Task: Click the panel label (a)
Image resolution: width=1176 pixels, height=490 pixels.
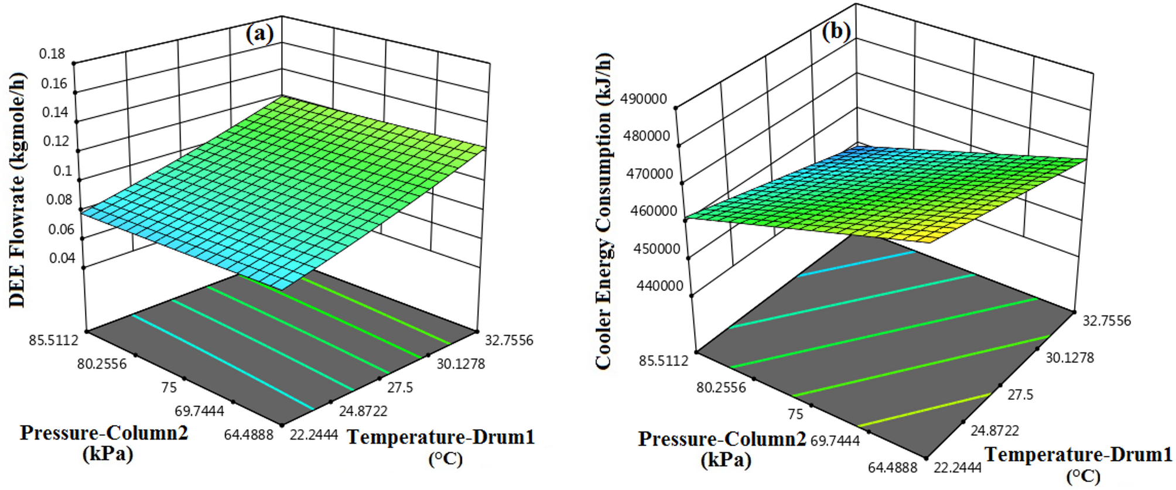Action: [259, 34]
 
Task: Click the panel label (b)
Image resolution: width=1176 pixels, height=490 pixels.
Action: [836, 31]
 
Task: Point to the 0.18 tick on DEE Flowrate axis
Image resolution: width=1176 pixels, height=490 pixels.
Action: [52, 54]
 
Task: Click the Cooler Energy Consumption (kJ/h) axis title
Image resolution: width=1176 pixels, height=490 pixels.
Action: [603, 211]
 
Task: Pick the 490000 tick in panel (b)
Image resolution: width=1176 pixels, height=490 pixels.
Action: [644, 98]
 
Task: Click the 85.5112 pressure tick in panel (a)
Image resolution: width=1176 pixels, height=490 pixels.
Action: [53, 340]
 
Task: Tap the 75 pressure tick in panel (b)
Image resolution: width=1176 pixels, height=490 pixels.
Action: [795, 414]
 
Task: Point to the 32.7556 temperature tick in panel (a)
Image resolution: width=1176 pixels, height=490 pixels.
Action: [508, 340]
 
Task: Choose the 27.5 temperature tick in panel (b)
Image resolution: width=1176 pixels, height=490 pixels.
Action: [1020, 395]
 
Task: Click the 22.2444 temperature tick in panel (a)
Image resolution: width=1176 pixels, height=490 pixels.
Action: [313, 435]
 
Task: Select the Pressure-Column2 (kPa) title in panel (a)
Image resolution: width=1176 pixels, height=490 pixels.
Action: [104, 443]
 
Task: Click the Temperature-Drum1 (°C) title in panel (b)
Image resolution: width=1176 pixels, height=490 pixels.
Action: [1078, 463]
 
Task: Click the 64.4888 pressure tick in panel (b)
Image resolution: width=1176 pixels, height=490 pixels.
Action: [893, 467]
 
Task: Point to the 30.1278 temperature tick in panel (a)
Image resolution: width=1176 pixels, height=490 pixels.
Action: [460, 364]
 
